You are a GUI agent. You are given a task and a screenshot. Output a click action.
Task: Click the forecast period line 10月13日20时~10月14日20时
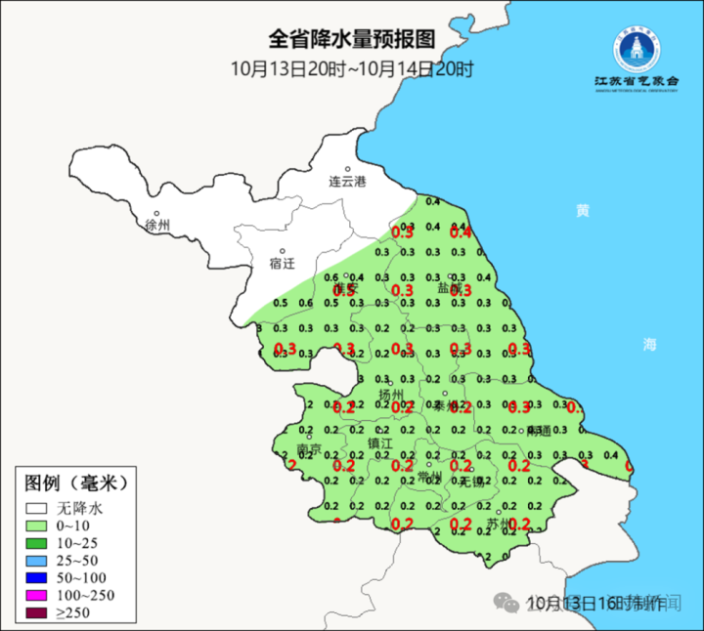click(x=352, y=68)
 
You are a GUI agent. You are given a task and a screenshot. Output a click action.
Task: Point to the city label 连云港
click(x=346, y=182)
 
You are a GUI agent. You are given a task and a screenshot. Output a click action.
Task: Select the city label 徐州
click(x=156, y=226)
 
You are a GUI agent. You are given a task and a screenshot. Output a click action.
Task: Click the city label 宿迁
click(x=282, y=264)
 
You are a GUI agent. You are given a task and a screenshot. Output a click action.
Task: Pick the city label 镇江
click(x=379, y=442)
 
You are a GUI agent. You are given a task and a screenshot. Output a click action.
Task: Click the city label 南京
click(x=310, y=449)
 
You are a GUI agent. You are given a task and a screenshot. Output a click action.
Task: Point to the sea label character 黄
click(x=583, y=210)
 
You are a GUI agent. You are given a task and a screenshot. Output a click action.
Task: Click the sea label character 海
click(x=650, y=344)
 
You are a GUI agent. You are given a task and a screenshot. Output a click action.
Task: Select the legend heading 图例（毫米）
click(x=76, y=483)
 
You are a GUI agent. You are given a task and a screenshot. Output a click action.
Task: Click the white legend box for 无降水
click(x=38, y=509)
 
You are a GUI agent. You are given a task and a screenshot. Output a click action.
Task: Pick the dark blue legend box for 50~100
click(x=38, y=578)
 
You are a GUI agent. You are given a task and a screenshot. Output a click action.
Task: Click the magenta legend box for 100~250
click(x=38, y=596)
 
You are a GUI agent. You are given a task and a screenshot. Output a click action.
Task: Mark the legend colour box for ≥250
click(x=38, y=613)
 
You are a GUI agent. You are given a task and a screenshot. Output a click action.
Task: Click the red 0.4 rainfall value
click(x=461, y=232)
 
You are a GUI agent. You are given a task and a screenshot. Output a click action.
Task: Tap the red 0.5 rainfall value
click(x=343, y=290)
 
